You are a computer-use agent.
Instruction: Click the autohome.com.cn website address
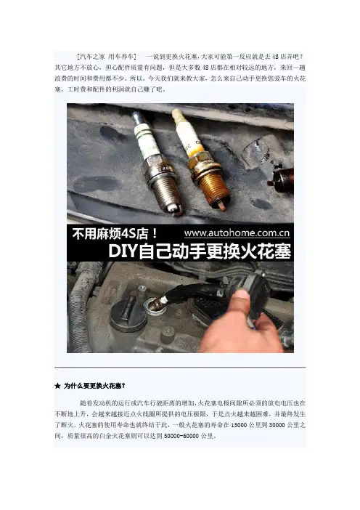[x=237, y=233]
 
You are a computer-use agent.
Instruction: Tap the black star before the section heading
[x=57, y=386]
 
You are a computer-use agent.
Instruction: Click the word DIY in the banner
[x=122, y=251]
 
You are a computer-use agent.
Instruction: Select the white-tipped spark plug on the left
[x=157, y=163]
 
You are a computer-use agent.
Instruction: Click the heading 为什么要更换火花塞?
[x=94, y=386]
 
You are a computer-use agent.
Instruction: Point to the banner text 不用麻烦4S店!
[x=115, y=233]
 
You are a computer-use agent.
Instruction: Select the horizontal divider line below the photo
[x=180, y=367]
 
